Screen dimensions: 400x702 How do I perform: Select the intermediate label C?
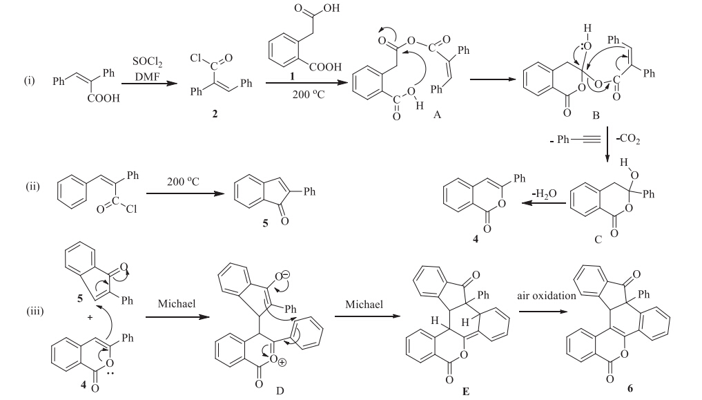click(x=598, y=238)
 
